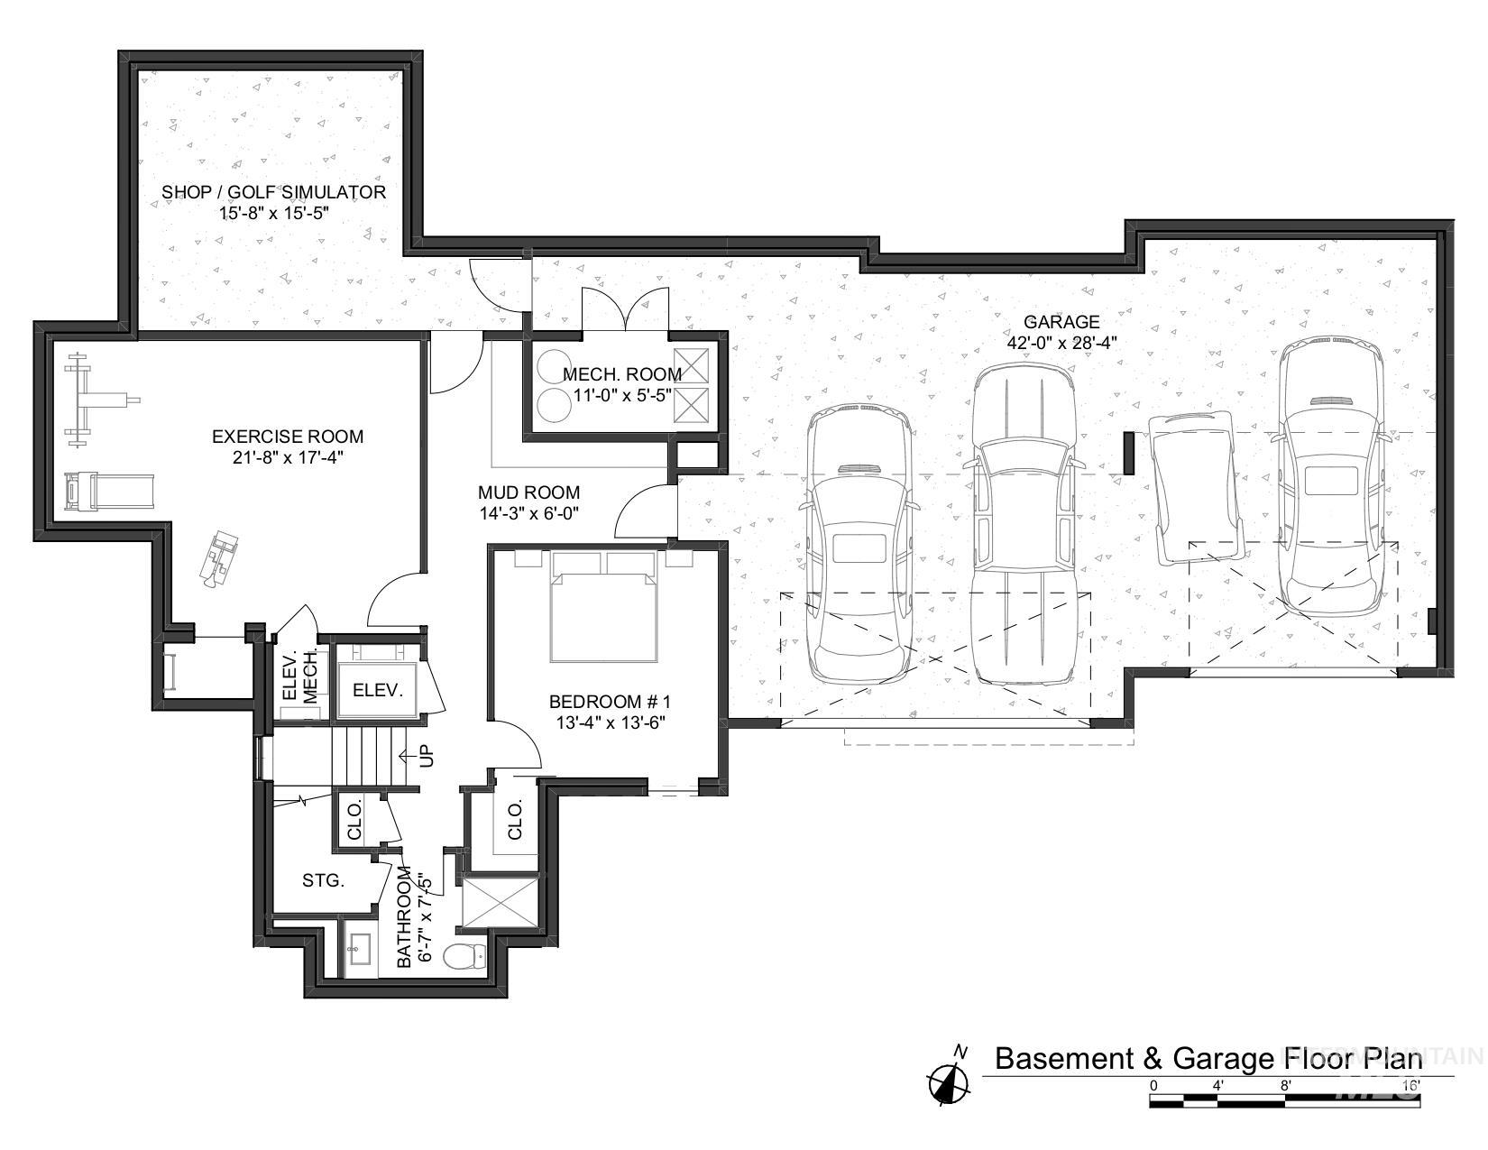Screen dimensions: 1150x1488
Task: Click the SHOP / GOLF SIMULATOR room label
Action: [273, 192]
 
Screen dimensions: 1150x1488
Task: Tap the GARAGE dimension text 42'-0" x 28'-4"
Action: [1061, 342]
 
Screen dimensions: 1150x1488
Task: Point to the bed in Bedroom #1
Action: [602, 609]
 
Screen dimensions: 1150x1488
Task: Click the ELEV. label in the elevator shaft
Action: [377, 690]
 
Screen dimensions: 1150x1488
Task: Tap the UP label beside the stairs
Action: [427, 755]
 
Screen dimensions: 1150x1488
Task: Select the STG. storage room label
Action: [323, 880]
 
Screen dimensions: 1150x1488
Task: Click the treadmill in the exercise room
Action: [108, 492]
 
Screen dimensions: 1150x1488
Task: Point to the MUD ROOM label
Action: [528, 492]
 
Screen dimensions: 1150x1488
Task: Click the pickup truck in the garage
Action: [1024, 523]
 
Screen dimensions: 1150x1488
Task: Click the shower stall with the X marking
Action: [499, 902]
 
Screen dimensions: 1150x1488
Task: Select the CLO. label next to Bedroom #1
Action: [516, 820]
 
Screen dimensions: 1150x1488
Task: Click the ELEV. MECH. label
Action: [300, 676]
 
